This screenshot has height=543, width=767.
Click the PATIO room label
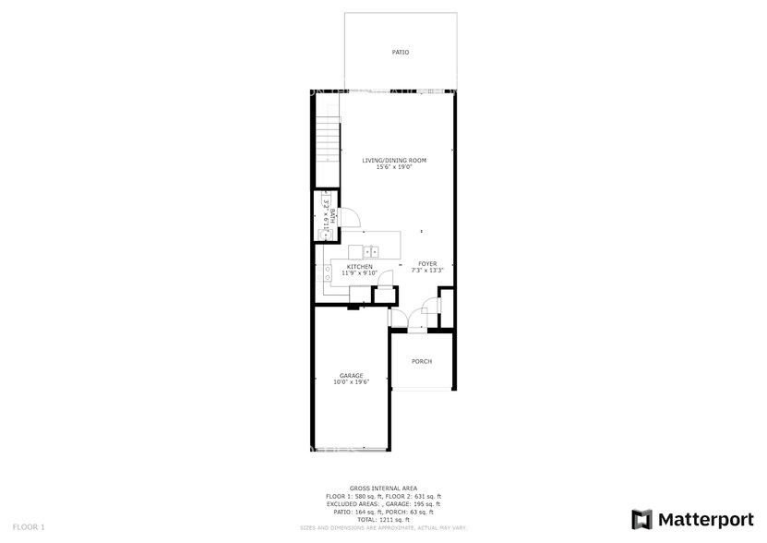pyautogui.click(x=400, y=53)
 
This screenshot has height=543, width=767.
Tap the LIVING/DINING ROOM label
pyautogui.click(x=394, y=161)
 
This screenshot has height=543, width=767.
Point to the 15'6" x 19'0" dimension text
pyautogui.click(x=394, y=167)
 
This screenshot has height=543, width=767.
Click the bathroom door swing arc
pyautogui.click(x=352, y=216)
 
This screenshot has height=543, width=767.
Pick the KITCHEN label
pyautogui.click(x=359, y=267)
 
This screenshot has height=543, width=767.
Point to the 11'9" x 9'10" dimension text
pyautogui.click(x=359, y=273)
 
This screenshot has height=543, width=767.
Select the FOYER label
pyautogui.click(x=427, y=264)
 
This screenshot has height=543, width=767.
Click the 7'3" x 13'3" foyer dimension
pyautogui.click(x=427, y=271)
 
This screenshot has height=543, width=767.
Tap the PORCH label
pyautogui.click(x=422, y=361)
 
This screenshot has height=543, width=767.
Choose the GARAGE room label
pyautogui.click(x=351, y=375)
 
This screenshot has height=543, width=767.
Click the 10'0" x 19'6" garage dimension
pyautogui.click(x=351, y=381)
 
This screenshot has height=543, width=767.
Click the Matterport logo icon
pyautogui.click(x=642, y=518)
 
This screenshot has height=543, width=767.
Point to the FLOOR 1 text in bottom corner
pyautogui.click(x=30, y=526)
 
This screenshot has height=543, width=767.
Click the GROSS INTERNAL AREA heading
pyautogui.click(x=383, y=488)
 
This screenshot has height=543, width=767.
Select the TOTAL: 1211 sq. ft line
pyautogui.click(x=383, y=520)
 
